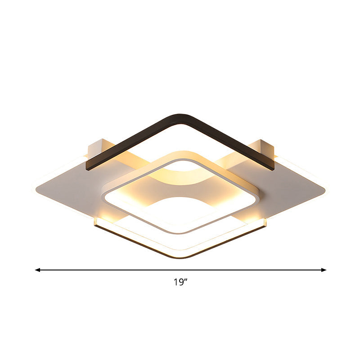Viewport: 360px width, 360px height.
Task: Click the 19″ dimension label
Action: click(180, 283)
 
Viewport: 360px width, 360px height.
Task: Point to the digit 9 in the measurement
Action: click(180, 283)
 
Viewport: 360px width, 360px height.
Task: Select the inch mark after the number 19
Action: click(185, 280)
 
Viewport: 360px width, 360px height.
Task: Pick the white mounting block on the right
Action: click(263, 147)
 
